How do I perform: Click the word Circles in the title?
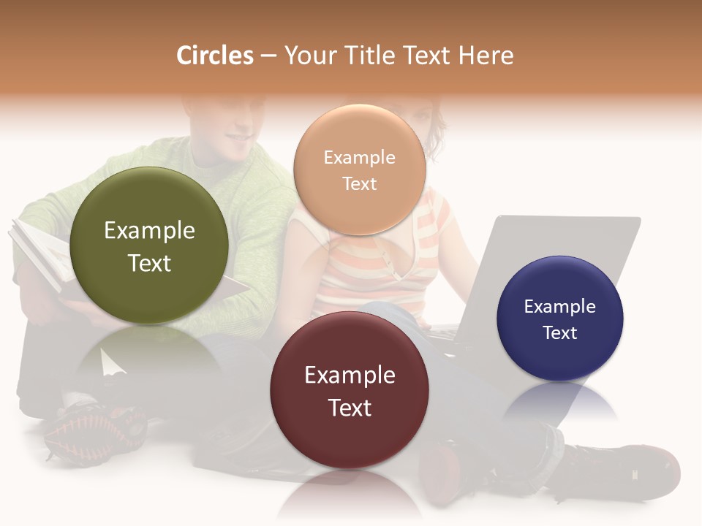click(x=215, y=56)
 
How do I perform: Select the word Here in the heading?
click(x=486, y=56)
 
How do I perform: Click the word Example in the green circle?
click(x=149, y=231)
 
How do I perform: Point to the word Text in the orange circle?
click(x=359, y=184)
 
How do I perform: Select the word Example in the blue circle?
click(x=560, y=307)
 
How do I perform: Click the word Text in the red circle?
click(x=350, y=408)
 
